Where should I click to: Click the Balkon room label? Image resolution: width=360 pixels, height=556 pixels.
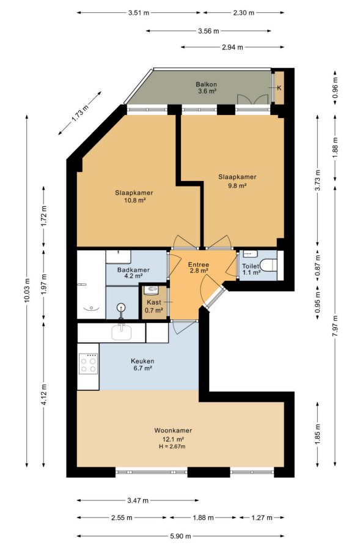coord(206,84)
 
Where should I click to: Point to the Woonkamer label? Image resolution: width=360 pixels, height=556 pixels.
coord(173,431)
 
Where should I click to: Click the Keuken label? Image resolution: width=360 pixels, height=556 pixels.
coord(142,361)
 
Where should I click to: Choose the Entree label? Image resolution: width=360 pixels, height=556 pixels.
coord(199,264)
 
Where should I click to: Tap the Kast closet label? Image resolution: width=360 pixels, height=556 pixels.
coord(154,303)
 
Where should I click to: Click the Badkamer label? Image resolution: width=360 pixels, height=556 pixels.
coord(133,270)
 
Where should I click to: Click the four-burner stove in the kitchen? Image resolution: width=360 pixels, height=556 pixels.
coord(88,363)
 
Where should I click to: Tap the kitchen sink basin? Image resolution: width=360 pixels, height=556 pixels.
coord(122,333)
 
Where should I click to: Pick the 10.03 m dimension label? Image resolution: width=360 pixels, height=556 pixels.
coord(27,291)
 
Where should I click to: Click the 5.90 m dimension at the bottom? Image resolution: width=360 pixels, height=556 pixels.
coord(181,536)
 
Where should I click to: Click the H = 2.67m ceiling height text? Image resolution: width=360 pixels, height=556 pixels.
coord(172,447)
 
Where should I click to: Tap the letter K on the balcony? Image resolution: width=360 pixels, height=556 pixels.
coord(279,88)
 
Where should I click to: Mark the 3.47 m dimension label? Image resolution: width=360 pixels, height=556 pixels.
coord(138,501)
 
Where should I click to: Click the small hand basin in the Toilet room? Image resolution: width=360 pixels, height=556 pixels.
coord(249,254)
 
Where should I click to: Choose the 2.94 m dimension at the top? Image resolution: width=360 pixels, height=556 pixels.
coord(232,47)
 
